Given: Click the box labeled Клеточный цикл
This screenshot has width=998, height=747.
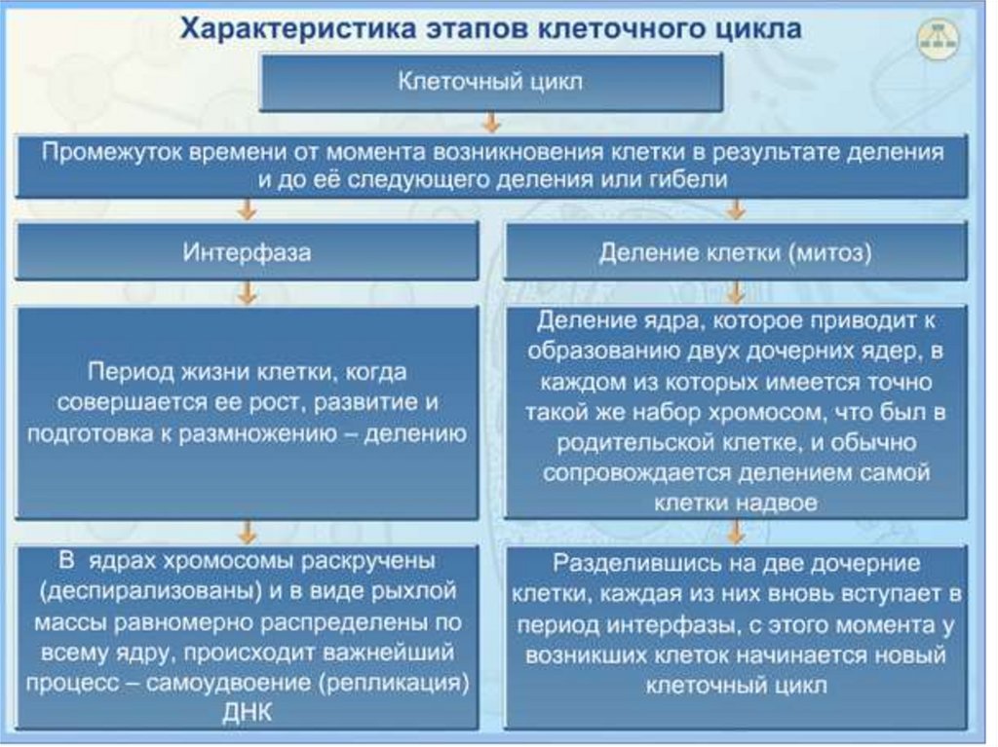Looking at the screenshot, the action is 490,82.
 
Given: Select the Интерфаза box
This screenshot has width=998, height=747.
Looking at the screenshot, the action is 248,252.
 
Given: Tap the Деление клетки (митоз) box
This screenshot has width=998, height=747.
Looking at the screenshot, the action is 736,253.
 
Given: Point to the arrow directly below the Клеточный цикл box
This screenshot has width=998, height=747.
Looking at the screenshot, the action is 491,125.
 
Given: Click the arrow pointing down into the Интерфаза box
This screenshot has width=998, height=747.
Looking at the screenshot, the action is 248,208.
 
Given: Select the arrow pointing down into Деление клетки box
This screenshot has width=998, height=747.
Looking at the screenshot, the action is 736,208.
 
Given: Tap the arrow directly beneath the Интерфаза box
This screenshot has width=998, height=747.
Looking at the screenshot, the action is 248,291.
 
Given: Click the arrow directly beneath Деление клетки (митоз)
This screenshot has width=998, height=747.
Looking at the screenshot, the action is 736,291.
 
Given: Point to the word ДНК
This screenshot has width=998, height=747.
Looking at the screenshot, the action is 248,713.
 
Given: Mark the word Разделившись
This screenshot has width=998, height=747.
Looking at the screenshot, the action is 625,564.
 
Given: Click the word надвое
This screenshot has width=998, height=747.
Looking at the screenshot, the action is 777,503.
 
